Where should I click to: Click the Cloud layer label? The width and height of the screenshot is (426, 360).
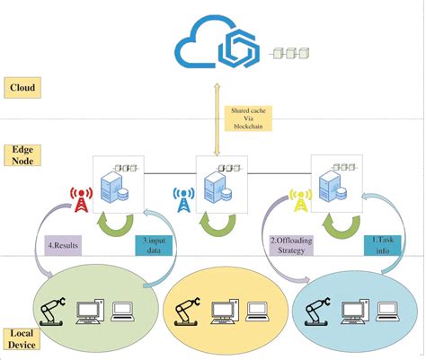click(22, 88)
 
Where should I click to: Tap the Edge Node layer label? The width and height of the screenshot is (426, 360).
click(22, 155)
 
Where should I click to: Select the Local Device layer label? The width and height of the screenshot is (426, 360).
click(22, 339)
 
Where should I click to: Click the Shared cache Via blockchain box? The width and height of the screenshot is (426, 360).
click(248, 119)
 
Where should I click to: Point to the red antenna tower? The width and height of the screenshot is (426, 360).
click(81, 200)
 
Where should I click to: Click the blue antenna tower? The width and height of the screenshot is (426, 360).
click(183, 200)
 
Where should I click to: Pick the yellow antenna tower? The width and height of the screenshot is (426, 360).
click(300, 200)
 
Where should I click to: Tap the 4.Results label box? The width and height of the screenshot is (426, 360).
click(63, 245)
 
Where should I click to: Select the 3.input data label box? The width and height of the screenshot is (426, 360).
click(154, 245)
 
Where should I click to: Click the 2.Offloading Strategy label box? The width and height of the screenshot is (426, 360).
click(291, 245)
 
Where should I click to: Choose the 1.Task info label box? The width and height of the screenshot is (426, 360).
click(382, 245)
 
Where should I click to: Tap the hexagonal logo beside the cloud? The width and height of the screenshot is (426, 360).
click(239, 48)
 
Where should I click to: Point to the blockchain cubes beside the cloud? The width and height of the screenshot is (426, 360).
click(290, 53)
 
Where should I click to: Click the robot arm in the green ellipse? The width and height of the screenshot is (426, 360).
click(53, 312)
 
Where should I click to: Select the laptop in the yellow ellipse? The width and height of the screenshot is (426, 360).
click(257, 312)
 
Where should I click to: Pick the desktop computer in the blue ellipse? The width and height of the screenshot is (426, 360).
click(355, 312)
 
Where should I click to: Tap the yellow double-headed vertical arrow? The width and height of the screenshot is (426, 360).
click(217, 119)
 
